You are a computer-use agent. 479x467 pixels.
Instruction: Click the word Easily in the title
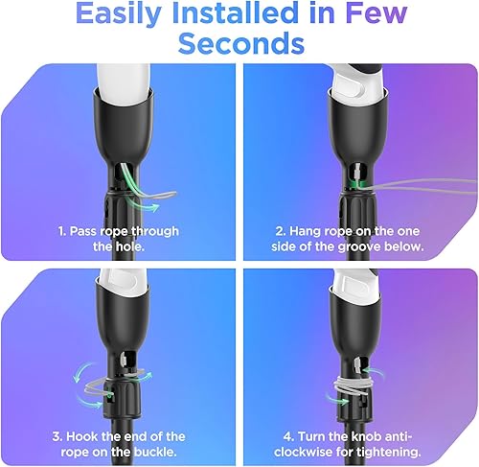click(118, 14)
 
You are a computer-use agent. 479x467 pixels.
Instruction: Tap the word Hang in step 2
click(295, 231)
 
